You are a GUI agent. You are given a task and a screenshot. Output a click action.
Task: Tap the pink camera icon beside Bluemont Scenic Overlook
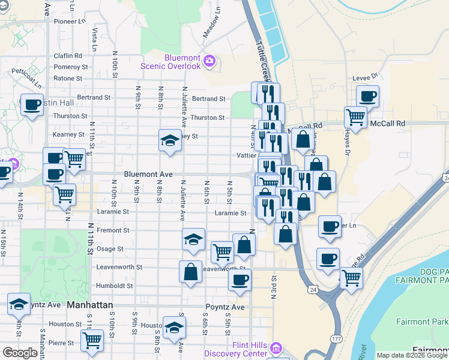209,60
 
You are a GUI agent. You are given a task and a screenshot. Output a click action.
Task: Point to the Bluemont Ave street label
148,174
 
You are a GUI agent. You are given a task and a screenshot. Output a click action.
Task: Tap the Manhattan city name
90,305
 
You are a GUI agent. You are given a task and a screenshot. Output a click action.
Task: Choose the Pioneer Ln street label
70,21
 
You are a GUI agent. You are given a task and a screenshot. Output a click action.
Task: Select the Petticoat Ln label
25,74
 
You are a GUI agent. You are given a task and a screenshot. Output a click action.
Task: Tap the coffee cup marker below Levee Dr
367,96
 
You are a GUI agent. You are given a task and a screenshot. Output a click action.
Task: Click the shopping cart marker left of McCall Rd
355,117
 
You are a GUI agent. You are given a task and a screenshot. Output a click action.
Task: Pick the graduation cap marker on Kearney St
170,140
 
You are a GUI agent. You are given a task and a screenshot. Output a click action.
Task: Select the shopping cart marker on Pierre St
92,340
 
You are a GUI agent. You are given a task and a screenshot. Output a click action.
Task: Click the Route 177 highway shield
334,339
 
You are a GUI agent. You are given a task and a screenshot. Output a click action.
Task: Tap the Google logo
20,353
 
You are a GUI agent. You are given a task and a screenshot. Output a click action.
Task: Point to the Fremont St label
113,230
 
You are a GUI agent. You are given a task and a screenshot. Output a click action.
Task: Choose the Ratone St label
68,78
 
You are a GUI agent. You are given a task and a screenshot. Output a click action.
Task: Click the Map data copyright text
412,355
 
